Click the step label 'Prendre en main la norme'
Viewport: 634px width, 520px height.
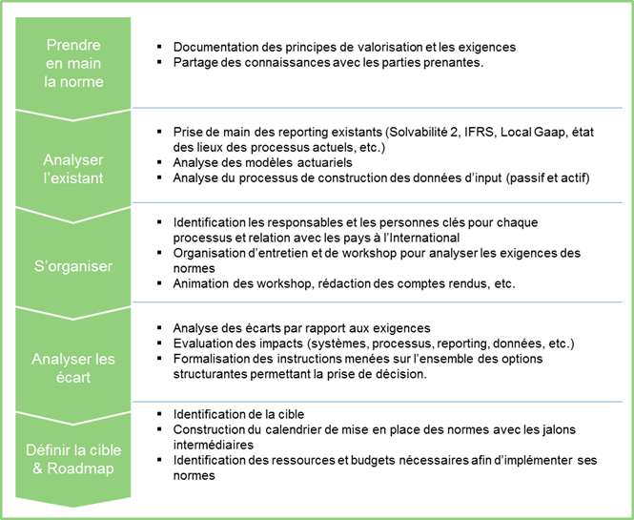tap(73, 63)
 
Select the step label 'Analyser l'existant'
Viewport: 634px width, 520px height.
tap(73, 168)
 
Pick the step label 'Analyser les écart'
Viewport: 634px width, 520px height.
tap(73, 367)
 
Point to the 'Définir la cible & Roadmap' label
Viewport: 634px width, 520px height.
tap(73, 456)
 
